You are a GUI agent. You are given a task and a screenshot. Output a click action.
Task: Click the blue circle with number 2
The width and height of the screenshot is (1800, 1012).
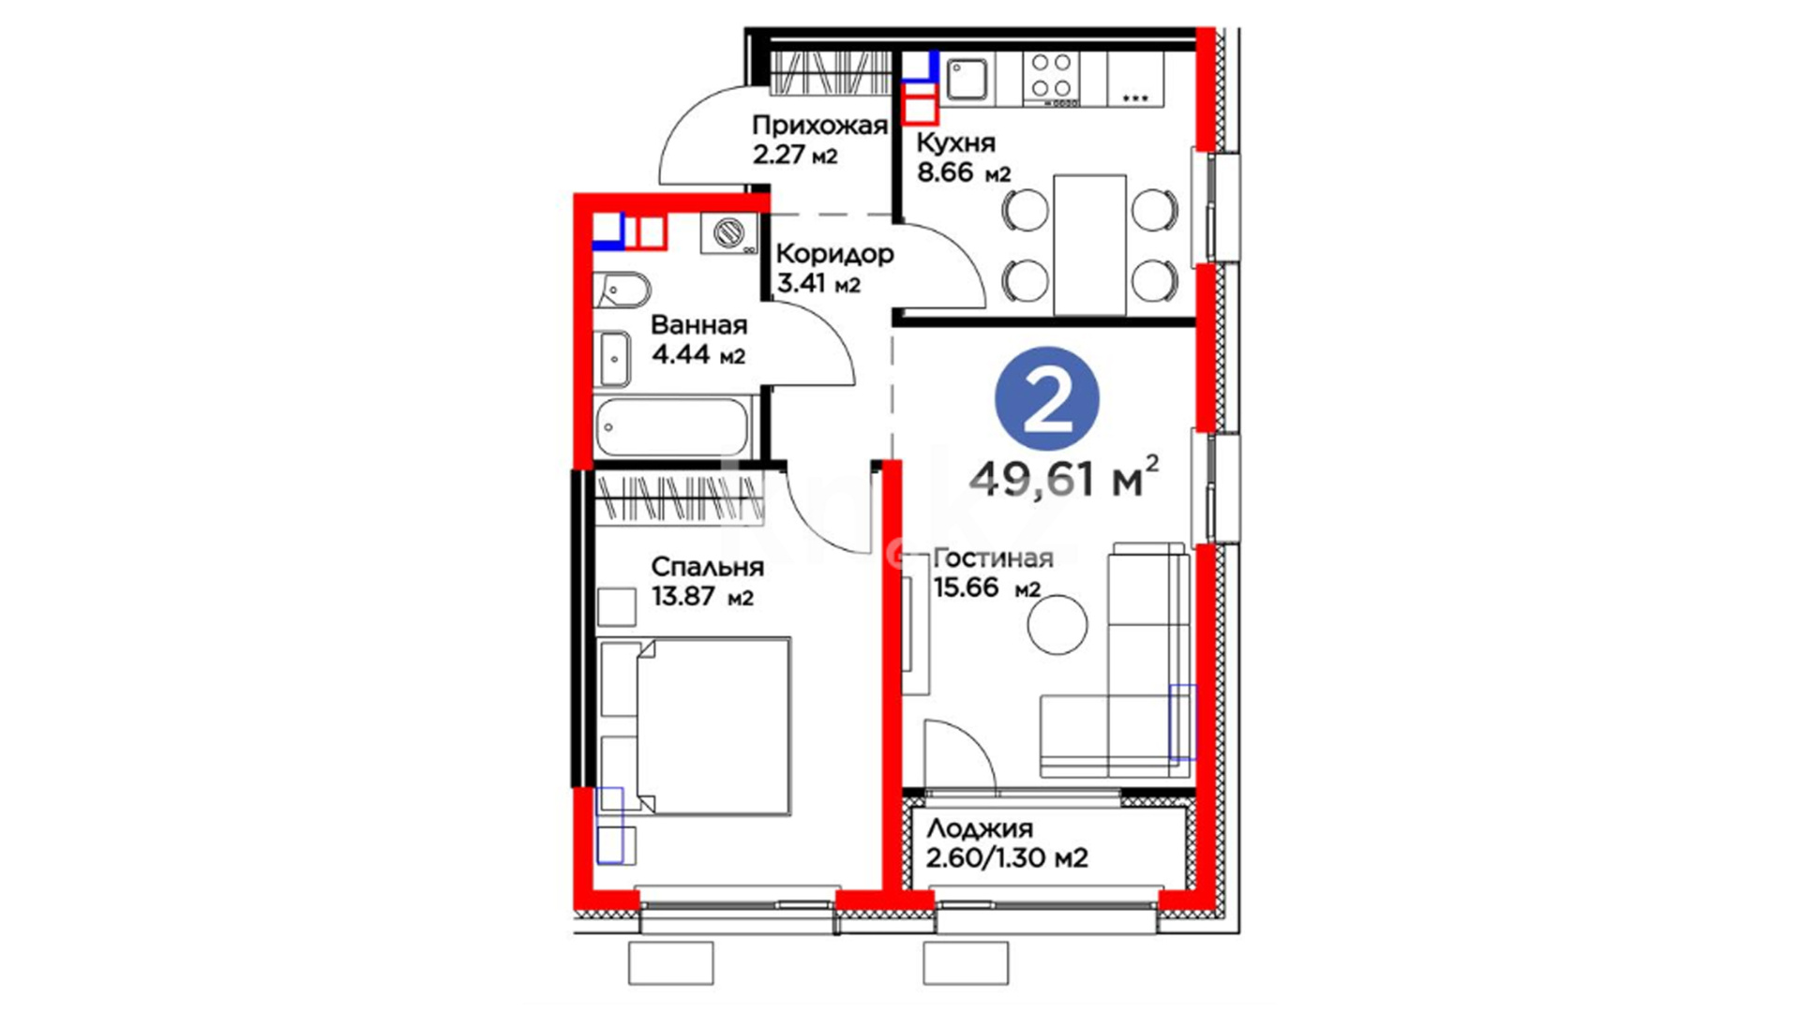(x=1047, y=400)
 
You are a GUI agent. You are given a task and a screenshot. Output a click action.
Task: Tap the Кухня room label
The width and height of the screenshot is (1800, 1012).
(x=955, y=142)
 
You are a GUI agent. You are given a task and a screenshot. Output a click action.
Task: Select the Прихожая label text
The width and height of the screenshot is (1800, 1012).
(x=819, y=126)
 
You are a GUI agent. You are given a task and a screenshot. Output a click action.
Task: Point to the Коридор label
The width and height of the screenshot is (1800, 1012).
(x=834, y=254)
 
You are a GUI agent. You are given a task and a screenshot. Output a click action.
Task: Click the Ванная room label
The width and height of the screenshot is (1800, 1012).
(x=698, y=325)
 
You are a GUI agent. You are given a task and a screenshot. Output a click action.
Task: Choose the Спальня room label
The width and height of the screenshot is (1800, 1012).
(x=708, y=567)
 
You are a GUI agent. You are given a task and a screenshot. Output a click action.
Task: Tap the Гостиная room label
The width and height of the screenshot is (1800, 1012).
(x=993, y=558)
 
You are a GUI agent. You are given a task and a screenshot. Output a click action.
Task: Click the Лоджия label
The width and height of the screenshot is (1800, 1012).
(x=980, y=828)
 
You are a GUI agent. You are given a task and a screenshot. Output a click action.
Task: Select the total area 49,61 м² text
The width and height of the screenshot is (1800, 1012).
(x=1064, y=478)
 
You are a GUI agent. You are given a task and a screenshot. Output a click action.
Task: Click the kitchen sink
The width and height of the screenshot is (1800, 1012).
(x=967, y=79)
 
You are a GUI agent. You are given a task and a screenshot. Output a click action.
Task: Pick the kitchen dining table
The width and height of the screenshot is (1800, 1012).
(x=1089, y=245)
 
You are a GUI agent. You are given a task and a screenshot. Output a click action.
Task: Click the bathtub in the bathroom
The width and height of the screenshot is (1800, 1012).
(x=672, y=427)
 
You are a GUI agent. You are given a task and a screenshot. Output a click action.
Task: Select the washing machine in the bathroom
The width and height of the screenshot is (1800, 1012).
(x=729, y=233)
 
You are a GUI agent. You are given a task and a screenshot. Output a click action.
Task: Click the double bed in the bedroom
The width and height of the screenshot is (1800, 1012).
(x=695, y=727)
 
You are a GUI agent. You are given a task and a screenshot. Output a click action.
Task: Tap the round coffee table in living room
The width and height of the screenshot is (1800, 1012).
(x=1057, y=624)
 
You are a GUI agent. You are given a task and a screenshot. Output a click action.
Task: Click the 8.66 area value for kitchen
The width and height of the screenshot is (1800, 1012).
(x=945, y=172)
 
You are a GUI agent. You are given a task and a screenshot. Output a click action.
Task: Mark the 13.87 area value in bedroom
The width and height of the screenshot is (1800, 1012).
(x=683, y=596)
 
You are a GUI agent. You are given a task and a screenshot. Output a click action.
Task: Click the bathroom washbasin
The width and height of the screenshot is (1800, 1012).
(x=613, y=358)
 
